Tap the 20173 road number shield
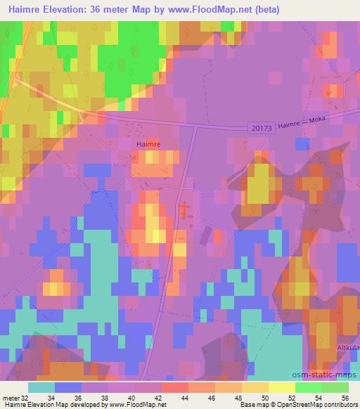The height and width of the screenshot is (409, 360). tap(260, 127)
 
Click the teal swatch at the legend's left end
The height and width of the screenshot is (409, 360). tap(41, 387)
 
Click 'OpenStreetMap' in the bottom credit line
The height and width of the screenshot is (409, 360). tap(290, 405)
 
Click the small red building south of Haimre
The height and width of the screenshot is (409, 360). tap(184, 209)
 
